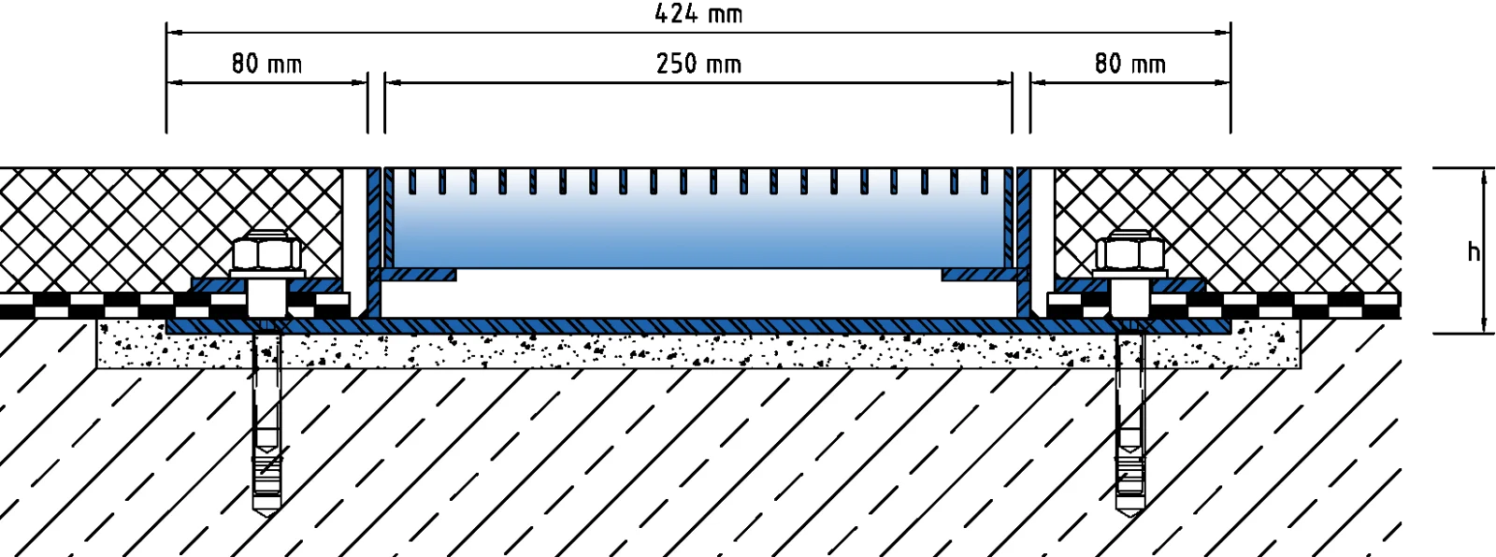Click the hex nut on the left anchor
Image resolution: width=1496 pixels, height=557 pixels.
pos(267,252)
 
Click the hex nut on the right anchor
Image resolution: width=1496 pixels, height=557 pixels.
pos(1131,252)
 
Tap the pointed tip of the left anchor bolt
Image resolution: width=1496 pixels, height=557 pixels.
pos(266,506)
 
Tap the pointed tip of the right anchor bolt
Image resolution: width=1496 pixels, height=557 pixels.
pos(1130,506)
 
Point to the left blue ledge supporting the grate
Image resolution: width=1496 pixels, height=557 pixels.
pos(416,275)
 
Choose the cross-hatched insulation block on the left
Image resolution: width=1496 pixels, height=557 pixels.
pos(140,224)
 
